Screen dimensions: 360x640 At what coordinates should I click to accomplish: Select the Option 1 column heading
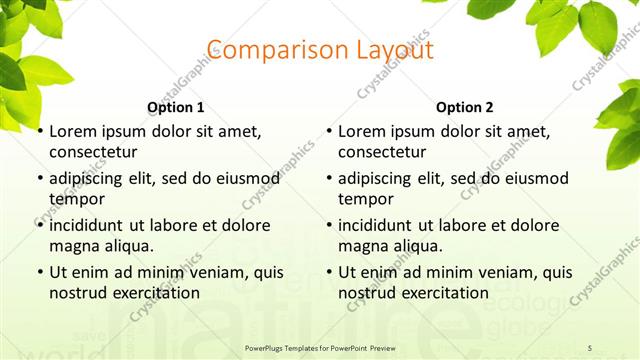click(176, 107)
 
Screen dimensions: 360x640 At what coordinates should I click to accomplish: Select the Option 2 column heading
click(465, 107)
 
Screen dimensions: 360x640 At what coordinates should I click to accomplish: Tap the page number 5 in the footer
click(590, 347)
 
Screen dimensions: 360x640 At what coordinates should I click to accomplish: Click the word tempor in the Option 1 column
click(74, 199)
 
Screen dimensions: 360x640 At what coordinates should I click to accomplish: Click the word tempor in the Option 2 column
click(363, 199)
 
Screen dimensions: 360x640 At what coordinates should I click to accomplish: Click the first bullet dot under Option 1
click(40, 131)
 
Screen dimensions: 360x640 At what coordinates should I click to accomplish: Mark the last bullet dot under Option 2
click(329, 272)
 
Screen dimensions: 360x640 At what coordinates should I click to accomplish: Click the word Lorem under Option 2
click(361, 131)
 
